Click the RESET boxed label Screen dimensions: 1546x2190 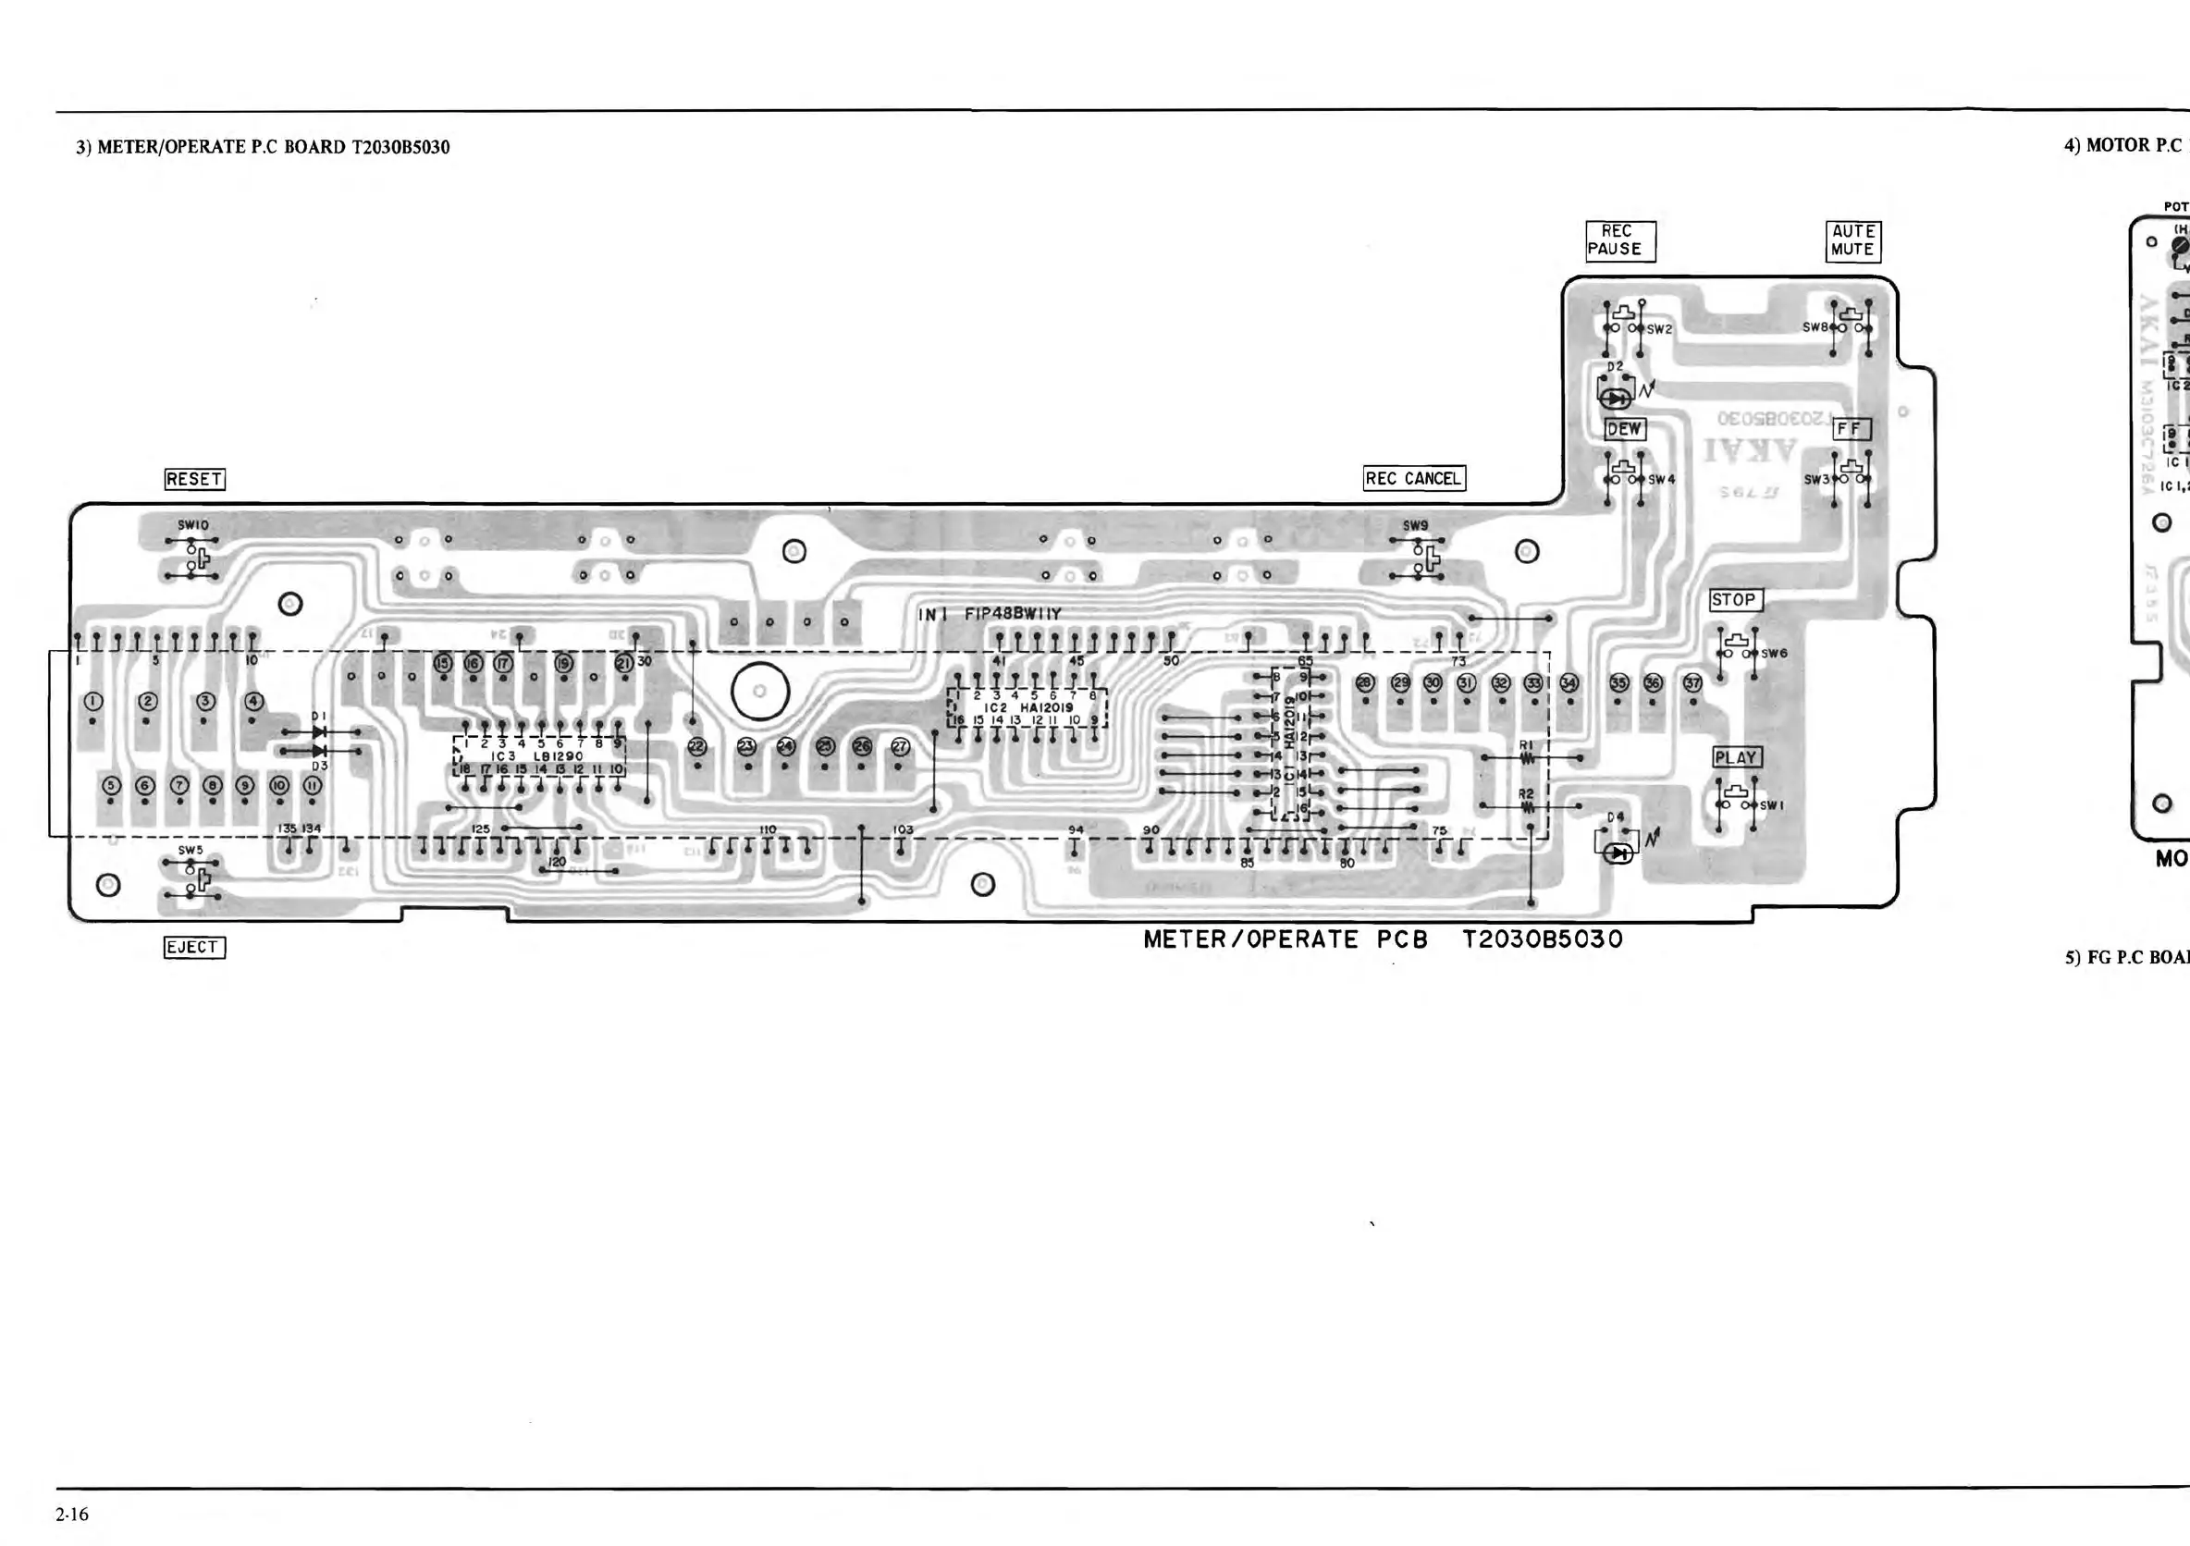[194, 479]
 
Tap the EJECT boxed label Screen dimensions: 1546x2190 [194, 947]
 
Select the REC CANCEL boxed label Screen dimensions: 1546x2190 [1413, 479]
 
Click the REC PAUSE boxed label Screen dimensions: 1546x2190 [1620, 240]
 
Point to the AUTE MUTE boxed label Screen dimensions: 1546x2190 [1853, 240]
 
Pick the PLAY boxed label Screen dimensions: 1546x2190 [1737, 757]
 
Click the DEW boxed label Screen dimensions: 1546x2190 [1624, 429]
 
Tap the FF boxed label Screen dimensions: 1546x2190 [1851, 429]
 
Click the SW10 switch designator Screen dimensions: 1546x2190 [192, 525]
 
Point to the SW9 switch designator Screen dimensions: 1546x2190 [1416, 525]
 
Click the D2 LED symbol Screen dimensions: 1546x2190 [1615, 398]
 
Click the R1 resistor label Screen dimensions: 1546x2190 [1526, 745]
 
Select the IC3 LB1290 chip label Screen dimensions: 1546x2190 [544, 756]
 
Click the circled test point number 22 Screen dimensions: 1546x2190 [697, 746]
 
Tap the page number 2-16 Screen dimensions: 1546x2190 [72, 1514]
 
